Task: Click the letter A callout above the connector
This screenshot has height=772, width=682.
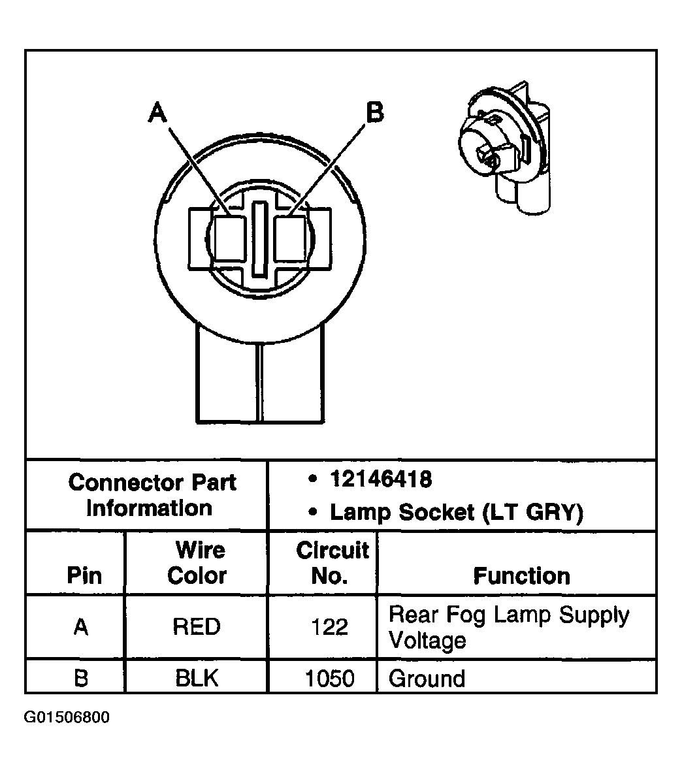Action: click(158, 112)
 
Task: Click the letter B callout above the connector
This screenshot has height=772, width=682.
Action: click(374, 112)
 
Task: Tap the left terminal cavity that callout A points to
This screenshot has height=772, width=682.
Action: click(229, 238)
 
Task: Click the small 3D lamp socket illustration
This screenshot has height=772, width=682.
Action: click(503, 150)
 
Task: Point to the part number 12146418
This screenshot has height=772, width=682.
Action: click(381, 480)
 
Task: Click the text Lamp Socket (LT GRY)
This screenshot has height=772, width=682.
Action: click(456, 513)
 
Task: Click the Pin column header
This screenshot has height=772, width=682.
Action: click(84, 575)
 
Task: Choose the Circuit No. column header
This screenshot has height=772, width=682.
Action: click(332, 563)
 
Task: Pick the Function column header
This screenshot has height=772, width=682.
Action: click(521, 576)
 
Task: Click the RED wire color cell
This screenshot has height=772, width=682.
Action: click(197, 627)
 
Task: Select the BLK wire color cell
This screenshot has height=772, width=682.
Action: click(197, 678)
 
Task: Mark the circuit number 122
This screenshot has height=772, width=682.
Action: click(330, 627)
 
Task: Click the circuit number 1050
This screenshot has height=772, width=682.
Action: click(330, 678)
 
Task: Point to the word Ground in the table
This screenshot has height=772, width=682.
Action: click(427, 678)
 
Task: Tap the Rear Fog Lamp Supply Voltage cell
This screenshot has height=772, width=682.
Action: click(508, 627)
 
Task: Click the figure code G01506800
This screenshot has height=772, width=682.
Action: click(67, 717)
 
